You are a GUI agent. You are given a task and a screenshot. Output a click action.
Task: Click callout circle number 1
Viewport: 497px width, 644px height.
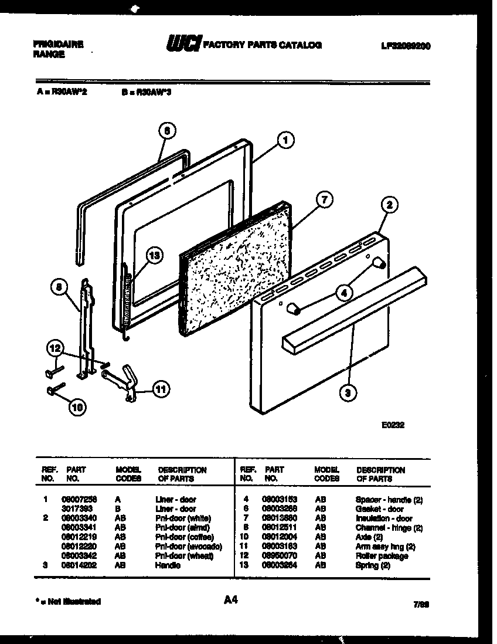pyautogui.click(x=285, y=140)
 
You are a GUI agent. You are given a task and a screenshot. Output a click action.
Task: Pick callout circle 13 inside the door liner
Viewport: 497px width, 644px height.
pyautogui.click(x=155, y=255)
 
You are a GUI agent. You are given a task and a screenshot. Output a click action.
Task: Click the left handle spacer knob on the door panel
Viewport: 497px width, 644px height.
pyautogui.click(x=294, y=309)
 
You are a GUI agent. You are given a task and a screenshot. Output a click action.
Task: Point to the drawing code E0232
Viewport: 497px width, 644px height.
pyautogui.click(x=392, y=426)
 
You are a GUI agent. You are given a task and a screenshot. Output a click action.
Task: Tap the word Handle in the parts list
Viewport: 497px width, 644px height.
pyautogui.click(x=168, y=565)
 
